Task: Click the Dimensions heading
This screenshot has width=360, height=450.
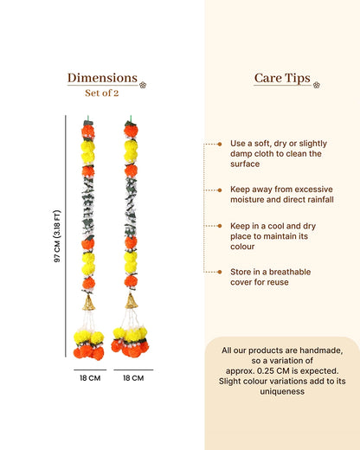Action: [x=102, y=78]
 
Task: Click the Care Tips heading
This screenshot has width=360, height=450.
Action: [x=282, y=78]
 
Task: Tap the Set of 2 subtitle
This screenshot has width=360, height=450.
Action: [x=102, y=93]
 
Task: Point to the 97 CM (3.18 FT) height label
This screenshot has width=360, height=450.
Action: [x=57, y=236]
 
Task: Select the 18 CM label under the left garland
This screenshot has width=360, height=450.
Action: [x=90, y=378]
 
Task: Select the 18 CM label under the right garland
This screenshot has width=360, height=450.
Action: [x=133, y=378]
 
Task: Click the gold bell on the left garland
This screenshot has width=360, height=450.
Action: [x=88, y=303]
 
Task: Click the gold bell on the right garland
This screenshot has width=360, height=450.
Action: [x=132, y=301]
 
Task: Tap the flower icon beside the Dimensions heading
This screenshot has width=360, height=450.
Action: [x=143, y=85]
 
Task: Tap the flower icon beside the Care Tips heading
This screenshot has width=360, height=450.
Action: [x=317, y=85]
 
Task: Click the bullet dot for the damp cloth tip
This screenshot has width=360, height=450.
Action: [x=220, y=144]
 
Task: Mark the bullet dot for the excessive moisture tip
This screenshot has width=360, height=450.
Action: [x=220, y=190]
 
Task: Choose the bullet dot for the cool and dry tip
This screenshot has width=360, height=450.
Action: [x=220, y=226]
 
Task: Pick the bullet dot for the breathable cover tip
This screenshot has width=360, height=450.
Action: [x=220, y=272]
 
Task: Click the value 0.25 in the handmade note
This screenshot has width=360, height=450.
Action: [x=265, y=370]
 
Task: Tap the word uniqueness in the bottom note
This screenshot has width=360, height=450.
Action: [x=282, y=391]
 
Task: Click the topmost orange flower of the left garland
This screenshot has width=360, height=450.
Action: [x=88, y=132]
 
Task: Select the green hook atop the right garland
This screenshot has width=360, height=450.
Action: [x=131, y=119]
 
